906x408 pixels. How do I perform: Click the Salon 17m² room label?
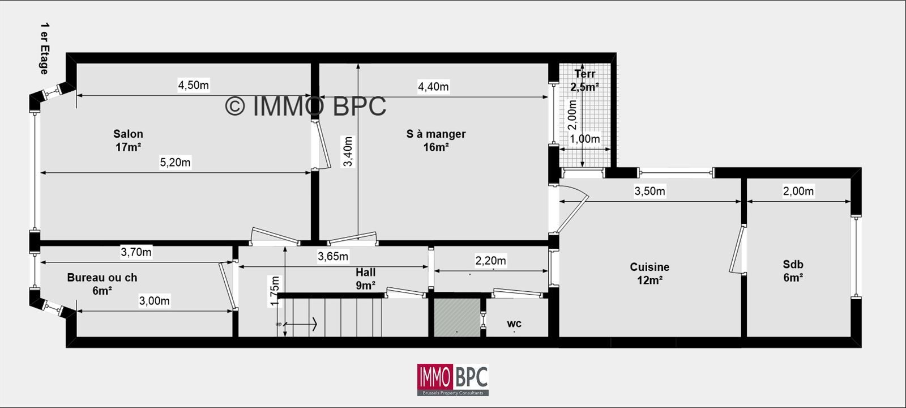pos(128,140)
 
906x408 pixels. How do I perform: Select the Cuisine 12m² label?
pos(649,273)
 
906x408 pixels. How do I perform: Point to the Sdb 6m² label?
pos(793,271)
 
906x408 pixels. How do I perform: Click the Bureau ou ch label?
pos(102,277)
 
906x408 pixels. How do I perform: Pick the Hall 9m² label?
pos(365,278)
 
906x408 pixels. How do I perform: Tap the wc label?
pos(514,324)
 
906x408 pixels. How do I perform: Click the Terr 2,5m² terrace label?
pos(584,80)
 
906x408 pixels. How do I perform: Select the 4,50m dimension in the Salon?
pos(193,85)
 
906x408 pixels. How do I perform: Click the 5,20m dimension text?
pos(175,162)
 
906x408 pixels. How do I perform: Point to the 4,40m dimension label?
pos(433,87)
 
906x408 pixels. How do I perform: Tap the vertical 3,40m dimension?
pos(348,151)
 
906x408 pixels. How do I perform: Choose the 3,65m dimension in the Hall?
pos(333,256)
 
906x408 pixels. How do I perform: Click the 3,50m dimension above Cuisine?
pos(649,191)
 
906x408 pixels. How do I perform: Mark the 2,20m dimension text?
pos(490,261)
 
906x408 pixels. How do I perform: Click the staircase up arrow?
pos(301,324)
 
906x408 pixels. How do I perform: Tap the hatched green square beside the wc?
pos(457,318)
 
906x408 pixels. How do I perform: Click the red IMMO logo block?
pos(435,377)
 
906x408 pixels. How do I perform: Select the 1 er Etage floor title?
pos(45,49)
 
